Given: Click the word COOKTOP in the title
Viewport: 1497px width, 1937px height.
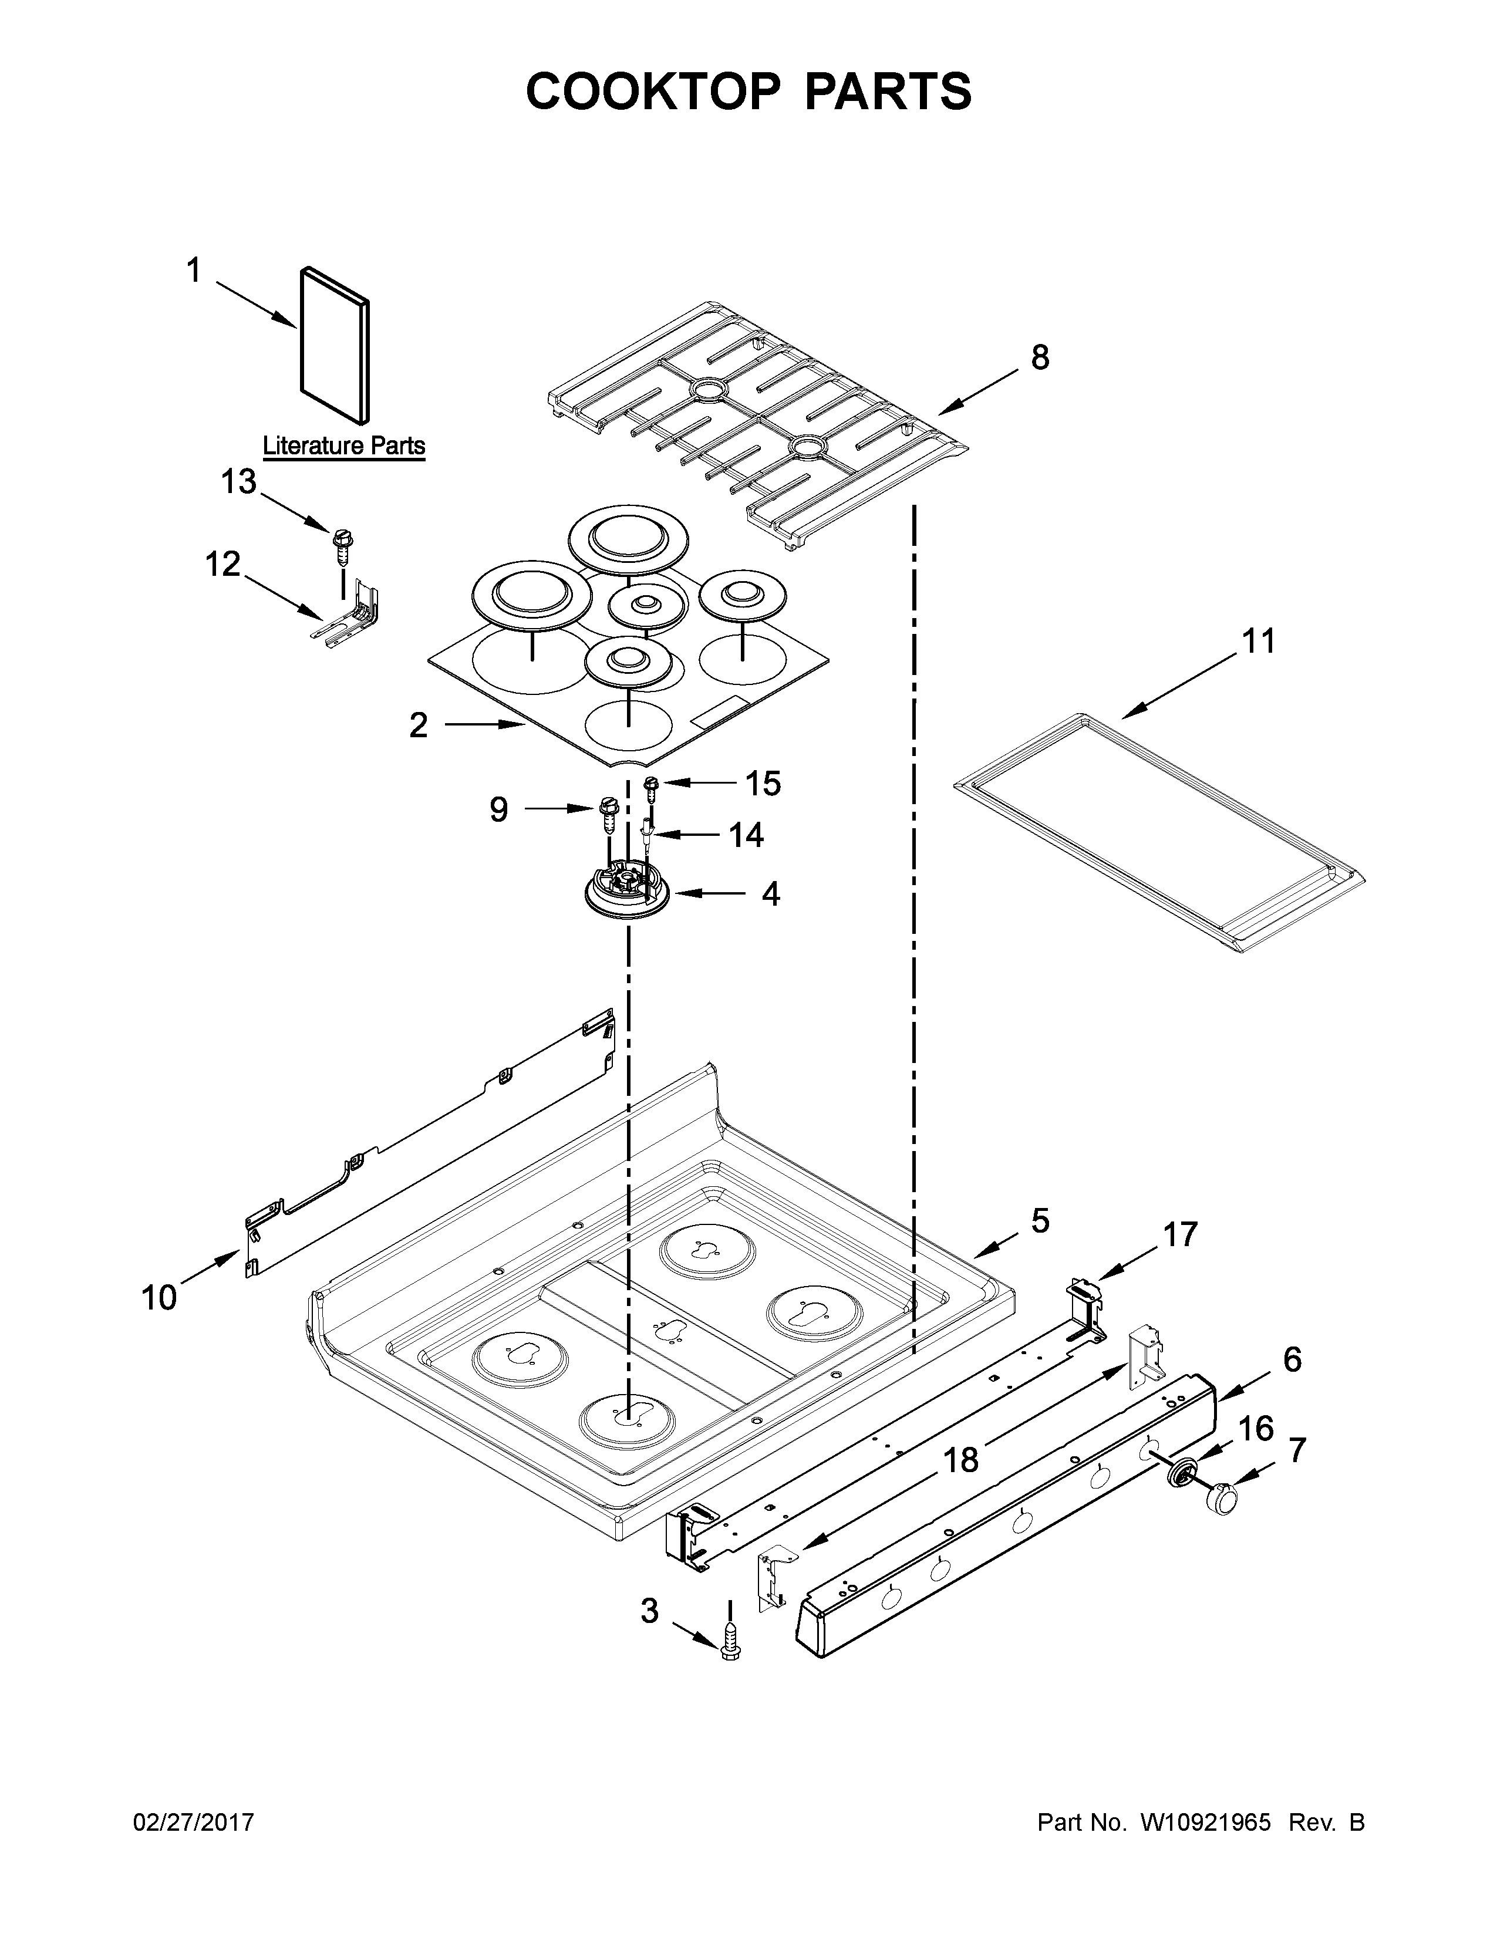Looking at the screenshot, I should click(x=653, y=92).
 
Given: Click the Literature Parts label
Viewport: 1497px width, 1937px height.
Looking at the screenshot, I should click(x=344, y=446).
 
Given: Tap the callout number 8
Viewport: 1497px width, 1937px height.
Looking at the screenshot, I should click(x=1039, y=358).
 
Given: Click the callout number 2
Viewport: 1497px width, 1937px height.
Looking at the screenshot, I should click(x=418, y=725).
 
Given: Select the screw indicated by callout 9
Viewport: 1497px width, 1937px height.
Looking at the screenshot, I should click(x=608, y=814).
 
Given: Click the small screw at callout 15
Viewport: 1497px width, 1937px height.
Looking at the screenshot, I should click(x=651, y=787).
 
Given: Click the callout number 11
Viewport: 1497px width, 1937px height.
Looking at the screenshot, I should click(x=1257, y=641).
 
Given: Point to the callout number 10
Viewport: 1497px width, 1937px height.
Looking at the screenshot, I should click(x=160, y=1298).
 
